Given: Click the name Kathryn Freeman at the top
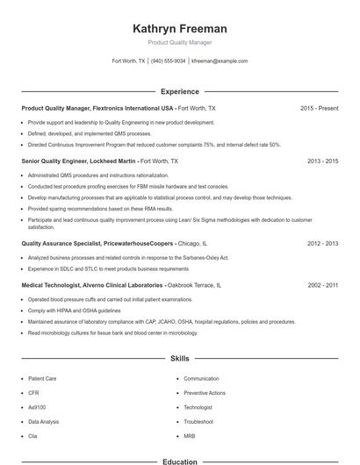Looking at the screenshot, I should coord(179,28).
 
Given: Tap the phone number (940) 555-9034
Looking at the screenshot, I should coord(168,61).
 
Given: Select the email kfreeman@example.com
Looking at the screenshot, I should coord(220,61).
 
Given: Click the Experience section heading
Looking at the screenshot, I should coord(179,91).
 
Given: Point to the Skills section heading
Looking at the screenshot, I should coord(179,358).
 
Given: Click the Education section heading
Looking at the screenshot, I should coord(179,461).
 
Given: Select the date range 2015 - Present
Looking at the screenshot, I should coord(319,108).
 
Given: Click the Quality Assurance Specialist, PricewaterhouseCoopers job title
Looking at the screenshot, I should coord(97,243).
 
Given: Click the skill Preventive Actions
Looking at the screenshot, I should coord(204,393).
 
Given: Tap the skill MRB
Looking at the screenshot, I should coord(190,436).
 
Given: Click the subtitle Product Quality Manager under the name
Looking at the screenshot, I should coord(179,42).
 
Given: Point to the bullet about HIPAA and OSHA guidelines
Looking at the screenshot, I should coord(74,311).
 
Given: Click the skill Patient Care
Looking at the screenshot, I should coord(42,378).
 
